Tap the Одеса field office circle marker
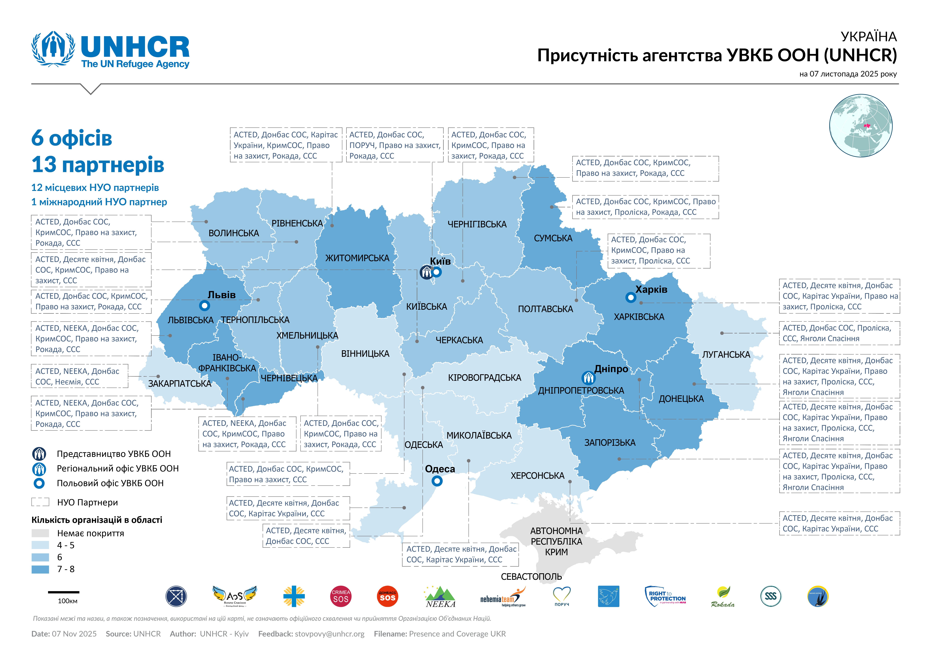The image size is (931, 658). point(437,481)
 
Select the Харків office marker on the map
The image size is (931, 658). point(631,298)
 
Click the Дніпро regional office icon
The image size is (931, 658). point(588,378)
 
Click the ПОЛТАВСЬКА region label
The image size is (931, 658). point(545,309)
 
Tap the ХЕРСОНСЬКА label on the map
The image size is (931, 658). point(537,476)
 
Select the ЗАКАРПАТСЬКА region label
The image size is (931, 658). point(180,384)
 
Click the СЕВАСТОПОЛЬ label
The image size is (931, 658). point(531,576)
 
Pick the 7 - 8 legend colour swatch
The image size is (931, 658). point(40,569)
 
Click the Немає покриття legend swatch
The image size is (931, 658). point(40,533)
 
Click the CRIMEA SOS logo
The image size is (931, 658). point(341,596)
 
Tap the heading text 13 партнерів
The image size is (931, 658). point(98,165)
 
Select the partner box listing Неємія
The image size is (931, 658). point(79,376)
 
